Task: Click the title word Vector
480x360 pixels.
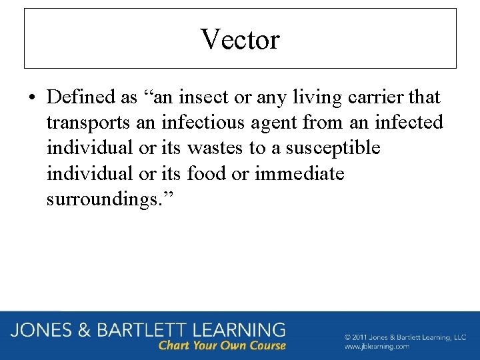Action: click(240, 39)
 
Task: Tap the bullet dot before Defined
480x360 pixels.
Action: click(31, 98)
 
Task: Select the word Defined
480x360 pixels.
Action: click(81, 97)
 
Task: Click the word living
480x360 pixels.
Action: click(316, 97)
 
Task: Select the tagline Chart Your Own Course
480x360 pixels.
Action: click(222, 346)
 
